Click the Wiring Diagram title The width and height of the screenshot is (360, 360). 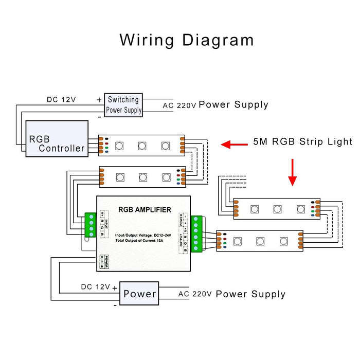(x=187, y=40)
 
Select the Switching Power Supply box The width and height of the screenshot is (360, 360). (x=123, y=105)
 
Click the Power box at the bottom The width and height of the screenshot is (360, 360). (x=139, y=294)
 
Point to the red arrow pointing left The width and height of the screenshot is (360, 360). (x=233, y=145)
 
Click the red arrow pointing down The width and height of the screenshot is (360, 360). (x=292, y=172)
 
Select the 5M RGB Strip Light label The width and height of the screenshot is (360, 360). (x=303, y=141)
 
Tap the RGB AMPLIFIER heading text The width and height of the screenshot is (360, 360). (x=145, y=209)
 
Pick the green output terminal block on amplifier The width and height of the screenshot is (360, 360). (x=196, y=235)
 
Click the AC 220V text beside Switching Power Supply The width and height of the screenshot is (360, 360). (x=179, y=105)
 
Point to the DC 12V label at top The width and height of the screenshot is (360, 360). (x=61, y=99)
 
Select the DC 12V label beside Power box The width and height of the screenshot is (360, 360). (x=95, y=286)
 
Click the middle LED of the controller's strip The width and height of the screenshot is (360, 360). (x=142, y=146)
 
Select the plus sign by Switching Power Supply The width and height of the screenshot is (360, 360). (x=99, y=99)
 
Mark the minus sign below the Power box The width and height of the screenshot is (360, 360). (x=115, y=304)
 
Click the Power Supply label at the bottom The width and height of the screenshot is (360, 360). (x=250, y=294)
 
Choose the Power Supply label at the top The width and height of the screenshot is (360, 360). (x=233, y=104)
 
